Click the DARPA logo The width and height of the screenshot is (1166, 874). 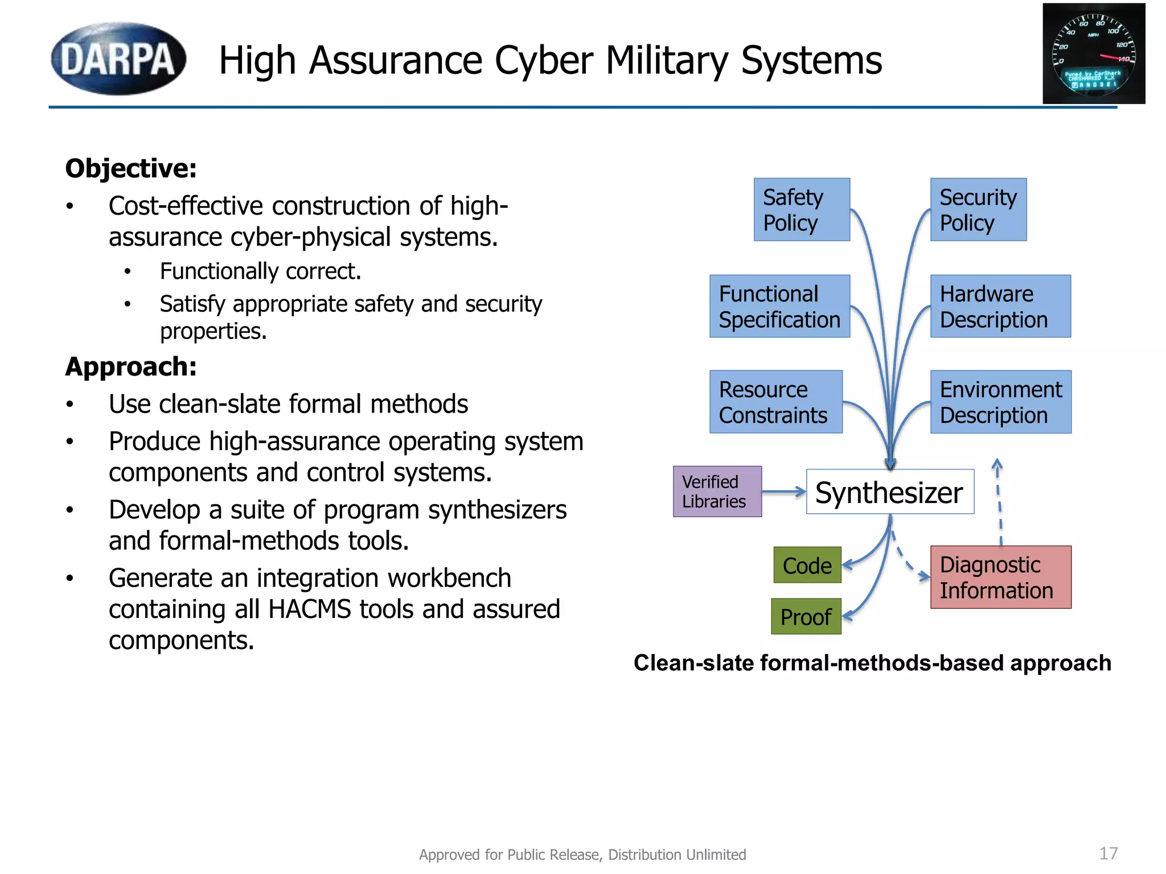118,59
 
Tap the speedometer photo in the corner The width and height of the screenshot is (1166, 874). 1094,53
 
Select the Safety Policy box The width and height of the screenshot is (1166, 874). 802,209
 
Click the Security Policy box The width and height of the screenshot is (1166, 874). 978,209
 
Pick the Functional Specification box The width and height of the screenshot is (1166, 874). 779,306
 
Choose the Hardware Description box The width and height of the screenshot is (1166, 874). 1000,306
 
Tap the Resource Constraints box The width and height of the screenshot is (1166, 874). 776,402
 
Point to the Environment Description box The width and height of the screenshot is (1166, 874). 1000,402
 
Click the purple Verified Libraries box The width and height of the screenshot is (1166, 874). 717,492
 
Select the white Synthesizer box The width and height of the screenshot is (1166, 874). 890,492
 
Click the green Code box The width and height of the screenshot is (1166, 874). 807,565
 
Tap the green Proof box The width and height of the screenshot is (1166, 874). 806,616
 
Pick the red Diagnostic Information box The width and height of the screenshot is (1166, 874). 1000,577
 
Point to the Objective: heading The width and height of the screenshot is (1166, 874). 131,168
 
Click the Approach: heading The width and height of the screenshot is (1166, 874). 131,366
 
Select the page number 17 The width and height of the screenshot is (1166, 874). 1108,854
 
